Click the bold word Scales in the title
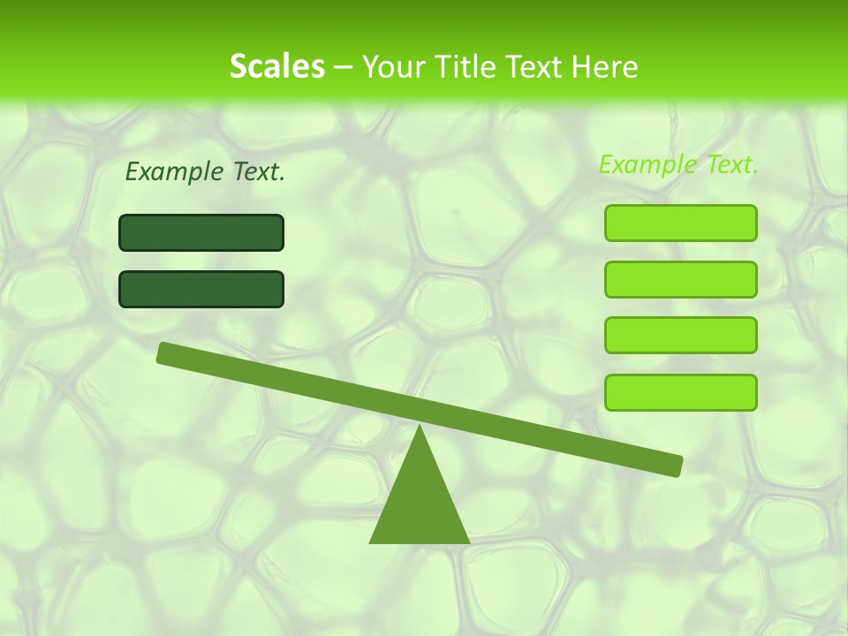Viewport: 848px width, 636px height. [x=276, y=67]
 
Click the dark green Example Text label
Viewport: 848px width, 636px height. [x=205, y=172]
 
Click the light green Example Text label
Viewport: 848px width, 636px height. [x=678, y=164]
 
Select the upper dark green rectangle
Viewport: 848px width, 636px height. [x=201, y=232]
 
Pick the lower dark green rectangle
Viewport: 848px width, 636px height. [x=201, y=289]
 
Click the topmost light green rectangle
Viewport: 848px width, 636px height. [x=680, y=223]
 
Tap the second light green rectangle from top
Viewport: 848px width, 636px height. [x=680, y=279]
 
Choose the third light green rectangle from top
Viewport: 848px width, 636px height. [x=680, y=336]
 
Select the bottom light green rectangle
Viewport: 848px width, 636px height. [x=680, y=392]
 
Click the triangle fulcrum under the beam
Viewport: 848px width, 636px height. [x=420, y=503]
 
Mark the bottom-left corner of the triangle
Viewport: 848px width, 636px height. [x=371, y=541]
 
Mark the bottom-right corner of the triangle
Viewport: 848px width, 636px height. [x=468, y=541]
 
